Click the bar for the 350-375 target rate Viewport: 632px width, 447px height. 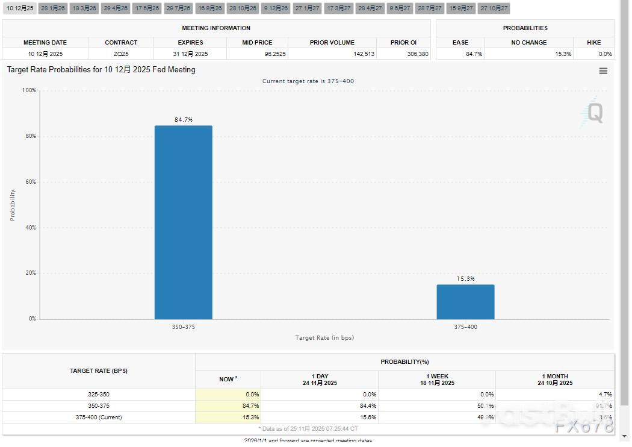tap(183, 222)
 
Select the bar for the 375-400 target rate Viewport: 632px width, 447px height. tap(465, 302)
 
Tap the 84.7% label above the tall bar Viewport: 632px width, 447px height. tap(184, 120)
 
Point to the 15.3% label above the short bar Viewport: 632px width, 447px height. tap(465, 279)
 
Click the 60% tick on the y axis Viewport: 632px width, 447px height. tap(29, 182)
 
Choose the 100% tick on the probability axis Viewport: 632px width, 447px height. tap(29, 90)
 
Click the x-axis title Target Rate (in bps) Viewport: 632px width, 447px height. tap(324, 338)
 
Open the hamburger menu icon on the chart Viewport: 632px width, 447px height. tap(603, 71)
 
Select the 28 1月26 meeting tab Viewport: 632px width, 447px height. tap(53, 8)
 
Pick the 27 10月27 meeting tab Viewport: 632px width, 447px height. tap(494, 8)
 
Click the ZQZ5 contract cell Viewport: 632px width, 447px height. tap(121, 54)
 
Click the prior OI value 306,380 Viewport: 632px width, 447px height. tap(418, 54)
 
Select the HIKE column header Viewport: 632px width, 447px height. tap(593, 43)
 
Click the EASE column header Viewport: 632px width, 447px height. tap(460, 43)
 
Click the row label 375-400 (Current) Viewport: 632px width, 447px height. tap(99, 417)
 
